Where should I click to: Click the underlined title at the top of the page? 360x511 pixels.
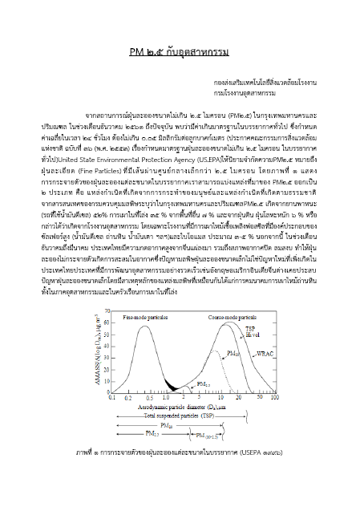coord(180,53)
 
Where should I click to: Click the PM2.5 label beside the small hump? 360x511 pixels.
coord(204,384)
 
